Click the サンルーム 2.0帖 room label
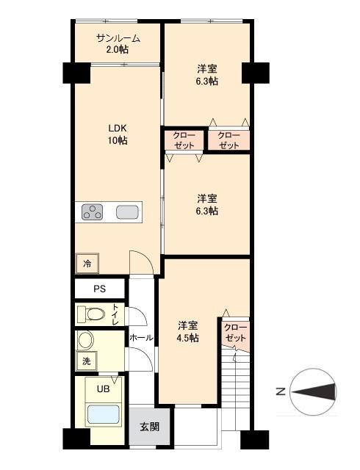pyautogui.click(x=118, y=44)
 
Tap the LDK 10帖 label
pyautogui.click(x=118, y=134)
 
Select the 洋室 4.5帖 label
pyautogui.click(x=187, y=331)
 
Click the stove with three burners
pyautogui.click(x=92, y=211)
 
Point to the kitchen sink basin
pyautogui.click(x=128, y=212)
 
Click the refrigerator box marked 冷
pyautogui.click(x=87, y=264)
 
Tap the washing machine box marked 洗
pyautogui.click(x=87, y=361)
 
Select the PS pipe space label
pyautogui.click(x=100, y=289)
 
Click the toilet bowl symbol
pyautogui.click(x=92, y=314)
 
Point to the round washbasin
pyautogui.click(x=86, y=340)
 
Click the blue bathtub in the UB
pyautogui.click(x=103, y=414)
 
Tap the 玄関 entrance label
pyautogui.click(x=149, y=427)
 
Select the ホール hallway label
pyautogui.click(x=141, y=338)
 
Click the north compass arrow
pyautogui.click(x=314, y=391)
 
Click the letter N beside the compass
pyautogui.click(x=281, y=391)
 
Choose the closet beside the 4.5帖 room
pyautogui.click(x=235, y=333)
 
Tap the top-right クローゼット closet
pyautogui.click(x=228, y=140)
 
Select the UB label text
pyautogui.click(x=103, y=389)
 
